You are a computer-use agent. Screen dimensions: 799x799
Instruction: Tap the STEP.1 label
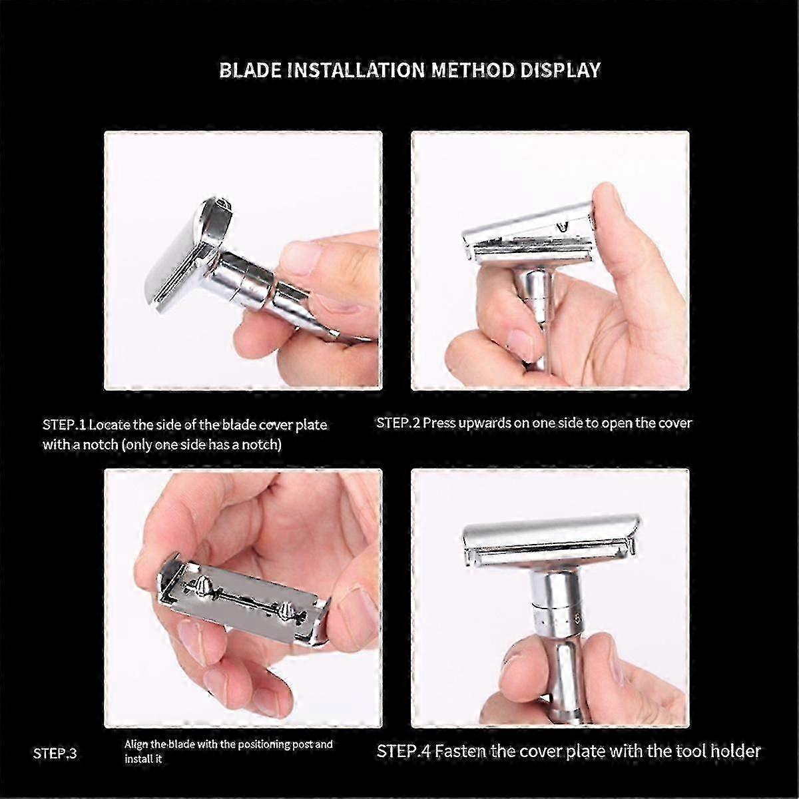point(64,425)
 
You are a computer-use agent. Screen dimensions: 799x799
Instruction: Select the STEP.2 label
point(398,423)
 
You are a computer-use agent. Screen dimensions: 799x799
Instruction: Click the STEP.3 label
point(55,754)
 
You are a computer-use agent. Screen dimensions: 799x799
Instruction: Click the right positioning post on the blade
point(284,610)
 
